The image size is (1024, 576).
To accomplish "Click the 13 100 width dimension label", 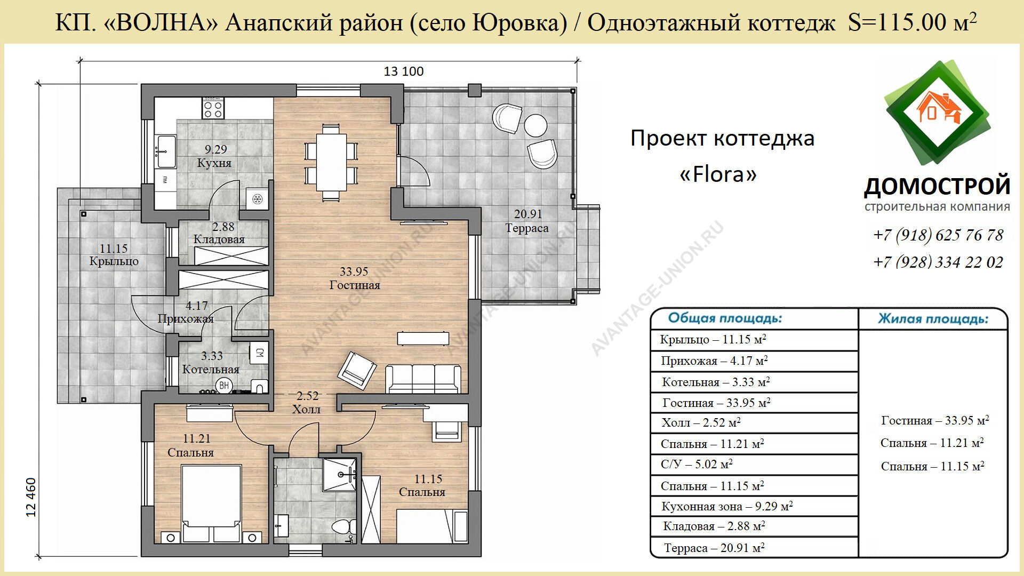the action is (404, 71).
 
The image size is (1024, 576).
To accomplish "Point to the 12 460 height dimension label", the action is (31, 497).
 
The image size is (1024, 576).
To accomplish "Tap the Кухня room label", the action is (214, 163).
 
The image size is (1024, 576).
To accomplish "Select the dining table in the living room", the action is (331, 162).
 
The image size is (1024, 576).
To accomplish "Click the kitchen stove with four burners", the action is (213, 108).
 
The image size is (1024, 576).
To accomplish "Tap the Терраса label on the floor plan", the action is (527, 228).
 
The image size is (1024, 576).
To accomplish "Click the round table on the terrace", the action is (535, 125).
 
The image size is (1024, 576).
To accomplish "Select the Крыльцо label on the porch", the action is (114, 261).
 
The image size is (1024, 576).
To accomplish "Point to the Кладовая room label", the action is (219, 239).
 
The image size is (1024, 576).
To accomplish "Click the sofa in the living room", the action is (423, 379).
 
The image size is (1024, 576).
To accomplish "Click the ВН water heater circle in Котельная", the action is (225, 385).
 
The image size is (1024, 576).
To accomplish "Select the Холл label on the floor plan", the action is (306, 410).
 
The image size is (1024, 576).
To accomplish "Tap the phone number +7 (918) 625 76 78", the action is (938, 235).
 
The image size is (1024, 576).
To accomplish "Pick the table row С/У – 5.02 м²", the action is (697, 465).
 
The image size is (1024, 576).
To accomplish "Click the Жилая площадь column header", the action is (933, 319).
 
